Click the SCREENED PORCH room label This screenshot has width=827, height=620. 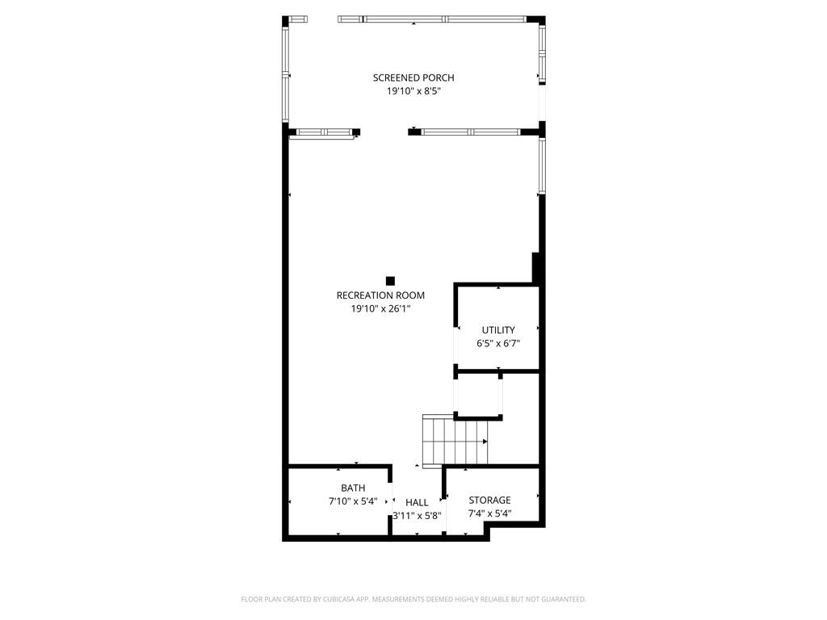click(413, 77)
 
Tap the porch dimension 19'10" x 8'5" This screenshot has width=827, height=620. click(413, 91)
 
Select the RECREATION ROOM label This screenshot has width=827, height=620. click(380, 295)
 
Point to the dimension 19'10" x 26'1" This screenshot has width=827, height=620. click(380, 308)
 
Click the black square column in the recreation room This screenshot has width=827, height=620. click(390, 281)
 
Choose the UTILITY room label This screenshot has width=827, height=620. click(498, 329)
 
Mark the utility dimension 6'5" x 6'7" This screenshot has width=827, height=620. click(498, 343)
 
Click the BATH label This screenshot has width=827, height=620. click(353, 488)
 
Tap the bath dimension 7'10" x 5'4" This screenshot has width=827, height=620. click(353, 501)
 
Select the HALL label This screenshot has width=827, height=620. click(417, 502)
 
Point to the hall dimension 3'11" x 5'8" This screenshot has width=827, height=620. click(417, 515)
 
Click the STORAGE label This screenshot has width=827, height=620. click(489, 501)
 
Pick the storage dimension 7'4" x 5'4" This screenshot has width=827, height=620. click(489, 513)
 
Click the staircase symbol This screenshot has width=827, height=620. click(453, 441)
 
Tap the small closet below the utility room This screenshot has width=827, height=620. click(479, 394)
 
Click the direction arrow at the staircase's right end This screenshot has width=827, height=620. click(485, 442)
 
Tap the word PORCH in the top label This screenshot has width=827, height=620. click(439, 77)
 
